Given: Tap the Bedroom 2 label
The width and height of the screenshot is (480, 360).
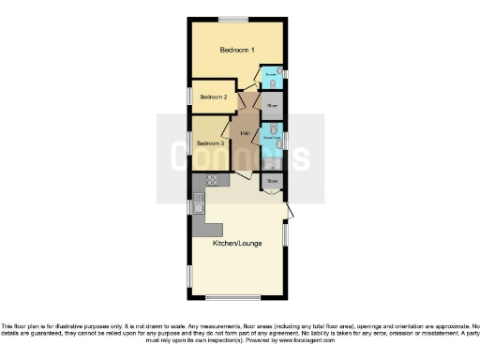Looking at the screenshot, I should [x=214, y=97].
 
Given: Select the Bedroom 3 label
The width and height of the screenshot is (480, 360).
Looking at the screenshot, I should [x=210, y=143].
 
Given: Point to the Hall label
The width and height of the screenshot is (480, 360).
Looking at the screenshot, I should [x=245, y=133].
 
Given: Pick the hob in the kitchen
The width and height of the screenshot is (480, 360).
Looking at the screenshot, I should [x=212, y=179].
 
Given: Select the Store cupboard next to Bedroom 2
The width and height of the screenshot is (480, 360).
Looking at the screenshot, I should [x=272, y=107].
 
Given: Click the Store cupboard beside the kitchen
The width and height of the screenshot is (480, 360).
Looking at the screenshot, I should [x=273, y=180].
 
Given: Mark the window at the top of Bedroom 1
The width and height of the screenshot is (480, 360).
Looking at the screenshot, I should [x=234, y=18].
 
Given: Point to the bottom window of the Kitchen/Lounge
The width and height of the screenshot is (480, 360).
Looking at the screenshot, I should [x=233, y=298].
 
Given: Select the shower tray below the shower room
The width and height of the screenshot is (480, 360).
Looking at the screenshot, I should [x=271, y=160].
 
